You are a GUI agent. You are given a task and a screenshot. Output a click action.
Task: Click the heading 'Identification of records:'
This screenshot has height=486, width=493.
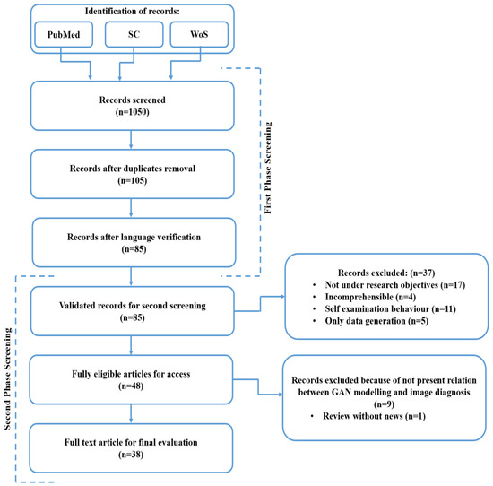[131, 11]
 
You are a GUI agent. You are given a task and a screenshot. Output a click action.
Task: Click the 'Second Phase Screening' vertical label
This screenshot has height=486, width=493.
[8, 377]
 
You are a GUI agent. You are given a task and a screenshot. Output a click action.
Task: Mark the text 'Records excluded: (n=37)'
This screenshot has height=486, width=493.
[386, 268]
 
